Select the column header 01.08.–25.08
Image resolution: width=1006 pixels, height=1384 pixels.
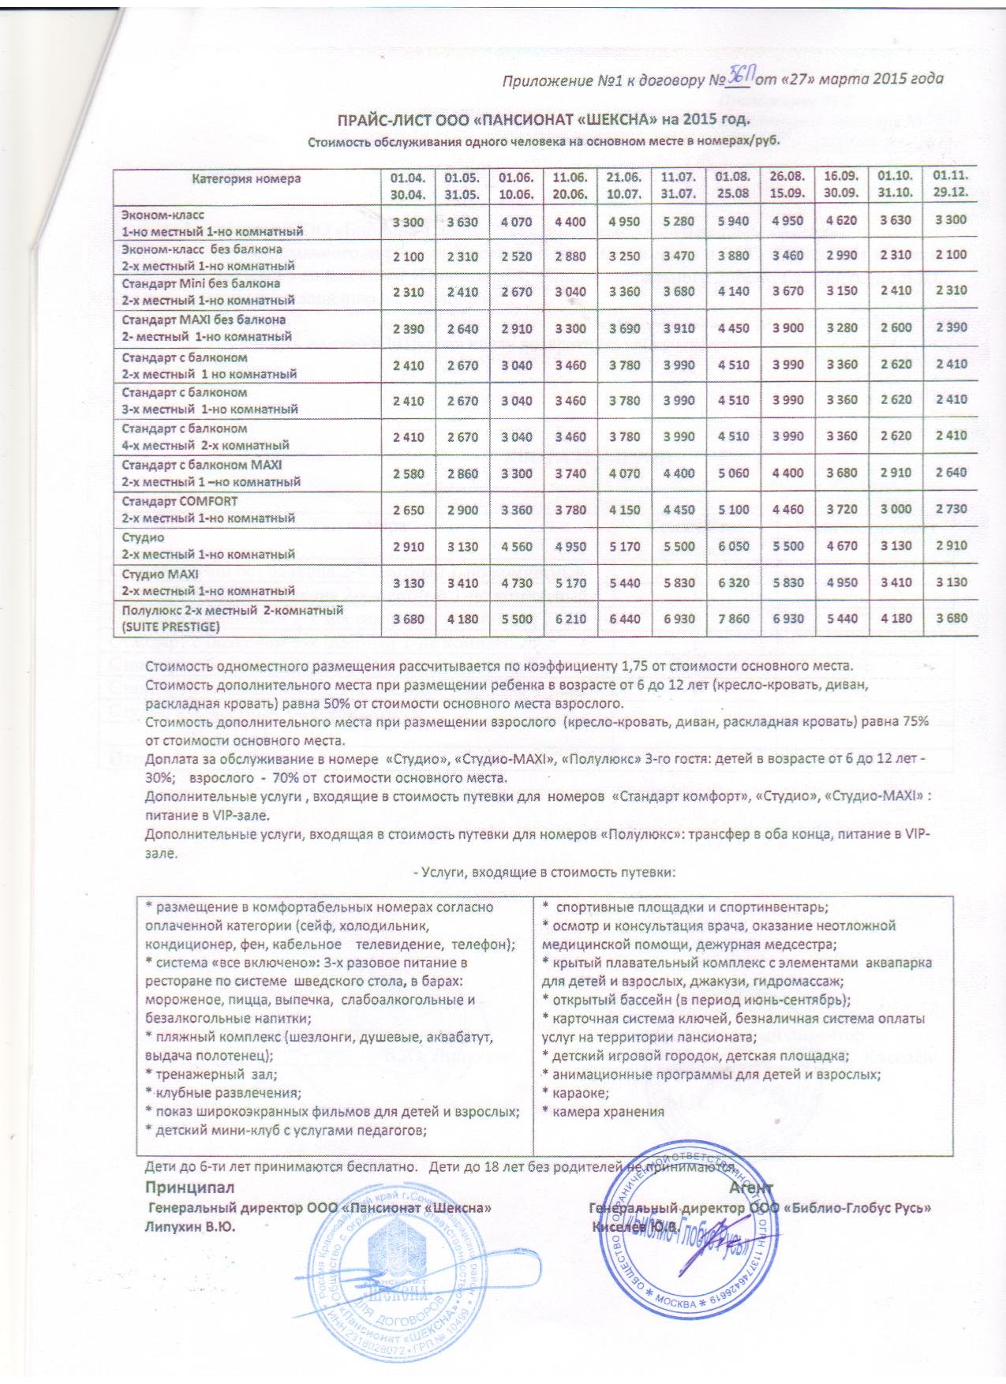(733, 184)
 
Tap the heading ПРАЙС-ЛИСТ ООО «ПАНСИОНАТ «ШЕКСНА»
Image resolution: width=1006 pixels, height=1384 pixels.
(543, 120)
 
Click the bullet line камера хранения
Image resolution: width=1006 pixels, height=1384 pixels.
(604, 1112)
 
